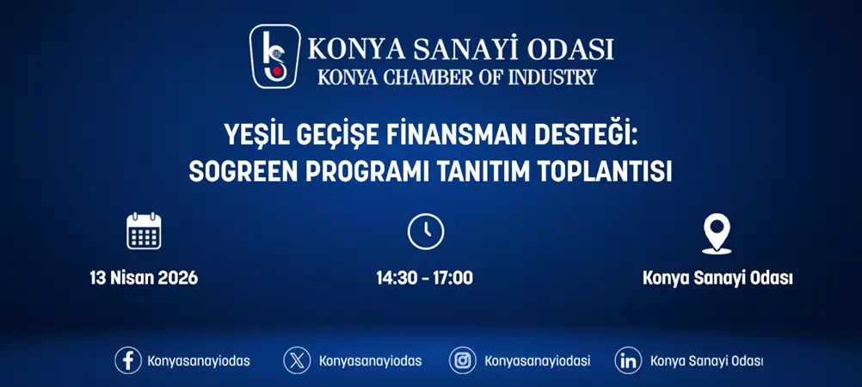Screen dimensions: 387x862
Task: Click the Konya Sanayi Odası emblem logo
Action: coord(274,57)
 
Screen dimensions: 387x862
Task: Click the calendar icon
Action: coord(144,231)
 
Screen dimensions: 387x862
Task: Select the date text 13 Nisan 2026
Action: coord(144,278)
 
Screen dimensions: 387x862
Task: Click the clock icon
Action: coord(425,231)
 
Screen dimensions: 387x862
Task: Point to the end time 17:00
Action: coord(453,278)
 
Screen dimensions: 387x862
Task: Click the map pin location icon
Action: coord(717,233)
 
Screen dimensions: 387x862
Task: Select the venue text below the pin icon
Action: coord(717,278)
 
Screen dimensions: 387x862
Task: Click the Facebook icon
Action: coord(128,360)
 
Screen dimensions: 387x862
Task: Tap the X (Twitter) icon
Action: coord(297,360)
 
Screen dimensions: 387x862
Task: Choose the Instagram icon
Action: coord(463,360)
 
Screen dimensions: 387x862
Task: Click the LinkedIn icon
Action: coord(628,360)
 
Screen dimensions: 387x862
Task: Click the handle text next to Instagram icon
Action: coord(537,360)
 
